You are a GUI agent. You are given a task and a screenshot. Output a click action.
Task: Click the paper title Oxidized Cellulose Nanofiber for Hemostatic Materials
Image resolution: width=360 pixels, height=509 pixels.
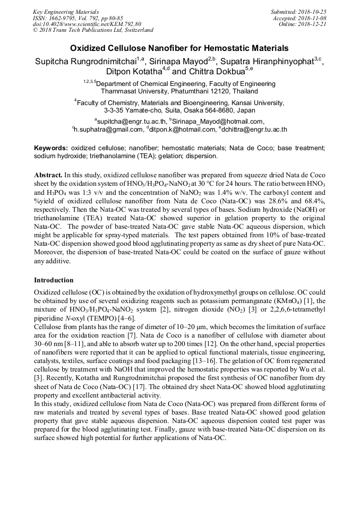point(179,48)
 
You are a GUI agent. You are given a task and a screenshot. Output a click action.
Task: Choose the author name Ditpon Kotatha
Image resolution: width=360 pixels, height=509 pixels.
point(127,72)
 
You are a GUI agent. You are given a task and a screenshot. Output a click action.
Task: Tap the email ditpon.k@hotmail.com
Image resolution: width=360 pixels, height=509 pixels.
point(184,129)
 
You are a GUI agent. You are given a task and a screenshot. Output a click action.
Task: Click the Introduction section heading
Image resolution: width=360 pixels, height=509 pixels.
point(54,280)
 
